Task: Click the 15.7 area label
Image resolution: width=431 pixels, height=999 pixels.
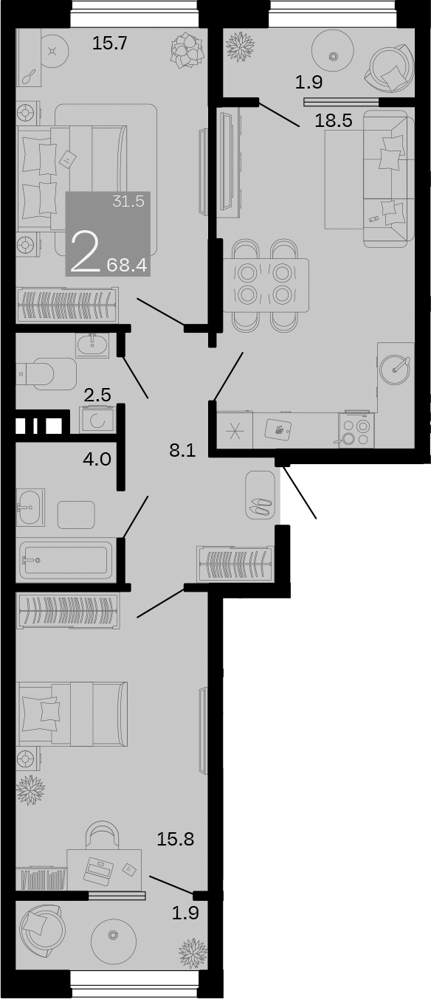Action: [110, 44]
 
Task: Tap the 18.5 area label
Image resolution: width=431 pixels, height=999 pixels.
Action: [333, 121]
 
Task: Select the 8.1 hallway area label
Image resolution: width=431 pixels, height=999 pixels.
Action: [182, 451]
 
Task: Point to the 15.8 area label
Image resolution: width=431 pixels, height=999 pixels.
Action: [176, 838]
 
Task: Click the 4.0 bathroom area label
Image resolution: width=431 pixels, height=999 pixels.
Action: [97, 459]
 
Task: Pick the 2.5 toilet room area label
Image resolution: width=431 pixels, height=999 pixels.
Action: [97, 395]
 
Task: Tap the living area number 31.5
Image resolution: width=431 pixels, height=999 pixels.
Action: [128, 201]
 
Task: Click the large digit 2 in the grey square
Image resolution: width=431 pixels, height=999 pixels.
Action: [85, 252]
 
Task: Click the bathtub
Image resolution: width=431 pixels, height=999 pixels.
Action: [66, 559]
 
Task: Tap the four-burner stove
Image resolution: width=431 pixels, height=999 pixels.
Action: [355, 431]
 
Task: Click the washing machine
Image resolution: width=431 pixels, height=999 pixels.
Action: [97, 420]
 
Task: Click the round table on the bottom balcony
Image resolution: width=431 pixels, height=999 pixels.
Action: [114, 938]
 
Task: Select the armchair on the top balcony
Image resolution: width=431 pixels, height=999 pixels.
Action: [390, 68]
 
